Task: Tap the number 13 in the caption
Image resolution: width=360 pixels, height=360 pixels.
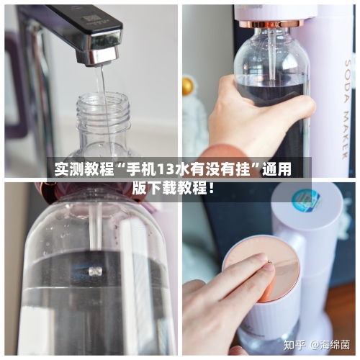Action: pyautogui.click(x=167, y=171)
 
